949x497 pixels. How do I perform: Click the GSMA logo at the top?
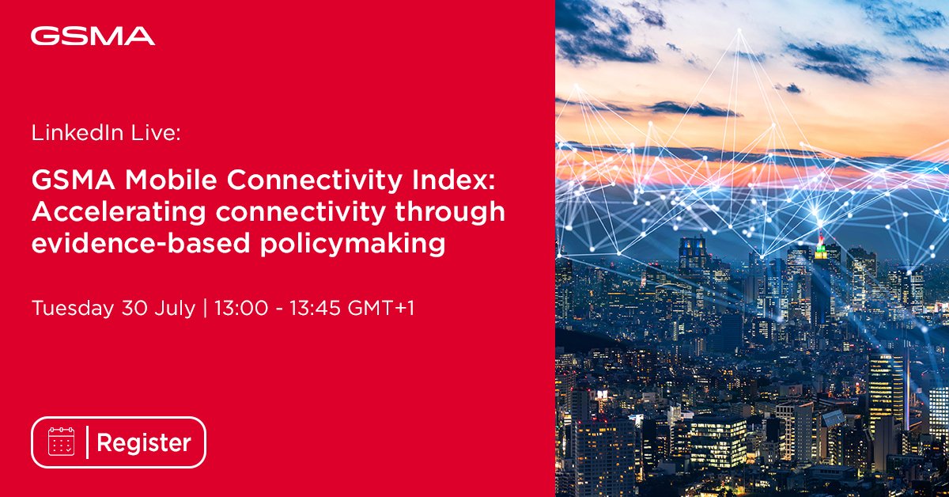(x=93, y=36)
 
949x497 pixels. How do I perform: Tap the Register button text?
(x=143, y=442)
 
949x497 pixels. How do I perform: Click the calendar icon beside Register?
(x=61, y=442)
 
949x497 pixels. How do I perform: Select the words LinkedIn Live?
(x=106, y=134)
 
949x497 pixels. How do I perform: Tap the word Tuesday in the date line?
(x=72, y=307)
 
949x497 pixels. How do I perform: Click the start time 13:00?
(x=236, y=307)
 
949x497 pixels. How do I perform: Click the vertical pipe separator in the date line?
(x=205, y=307)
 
